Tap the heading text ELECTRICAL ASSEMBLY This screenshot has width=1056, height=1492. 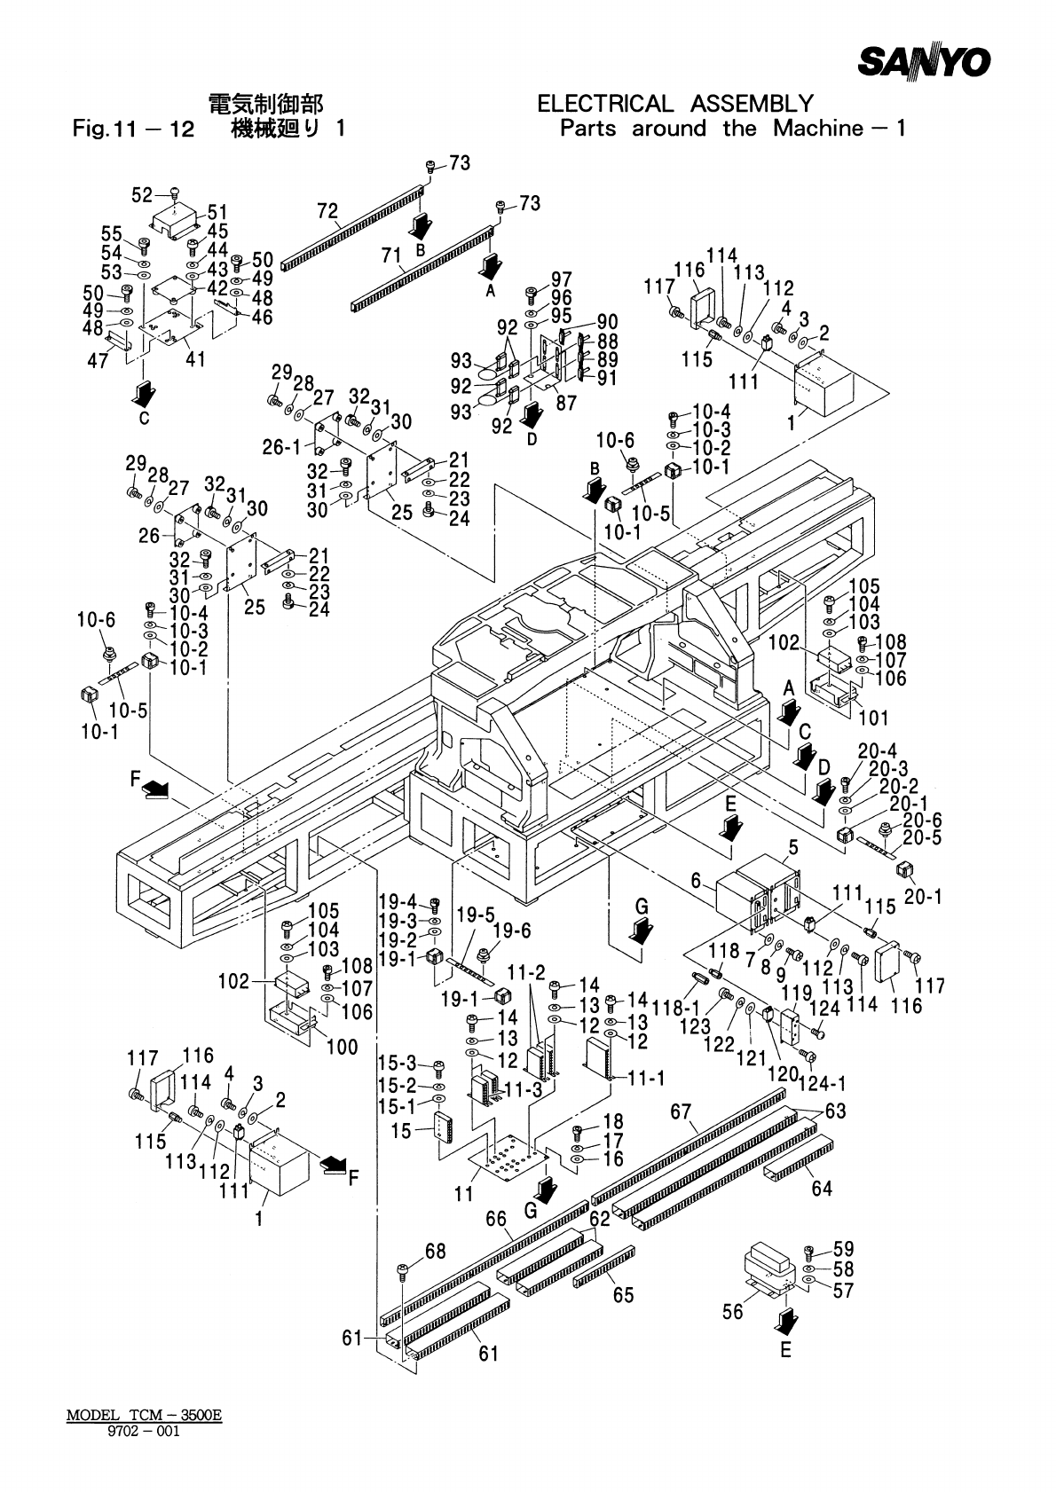tap(675, 105)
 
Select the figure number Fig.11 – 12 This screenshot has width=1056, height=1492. tap(133, 130)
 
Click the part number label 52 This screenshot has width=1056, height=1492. tap(142, 195)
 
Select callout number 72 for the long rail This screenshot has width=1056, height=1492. tap(327, 211)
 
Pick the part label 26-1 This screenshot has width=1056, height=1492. tap(281, 448)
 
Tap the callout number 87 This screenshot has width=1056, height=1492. tap(565, 403)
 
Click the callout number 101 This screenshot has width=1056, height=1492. tap(873, 717)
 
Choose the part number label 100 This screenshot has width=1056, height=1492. tap(342, 1047)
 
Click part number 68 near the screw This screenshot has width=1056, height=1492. tap(435, 1252)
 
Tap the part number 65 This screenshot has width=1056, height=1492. tap(623, 1295)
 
